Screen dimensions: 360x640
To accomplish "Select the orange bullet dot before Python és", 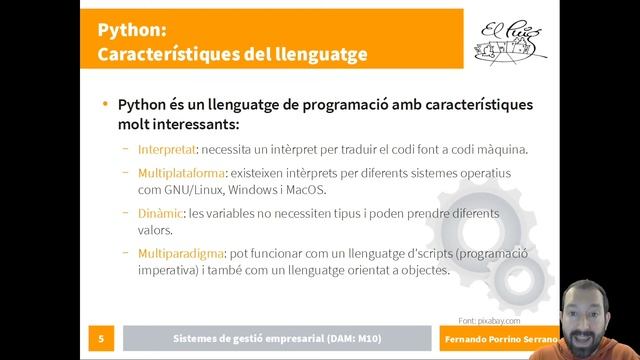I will pos(105,104).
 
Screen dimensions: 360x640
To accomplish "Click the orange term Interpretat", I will pos(166,150).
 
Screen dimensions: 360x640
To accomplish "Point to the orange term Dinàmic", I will pos(160,212).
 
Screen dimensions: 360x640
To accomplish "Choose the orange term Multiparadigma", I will pos(181,252).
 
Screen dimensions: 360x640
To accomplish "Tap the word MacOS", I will pos(304,189).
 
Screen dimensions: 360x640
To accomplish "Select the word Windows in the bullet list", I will pos(253,189).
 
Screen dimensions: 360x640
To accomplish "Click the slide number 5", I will pos(101,340).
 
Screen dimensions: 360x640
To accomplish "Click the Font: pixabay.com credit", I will pos(490,321).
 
